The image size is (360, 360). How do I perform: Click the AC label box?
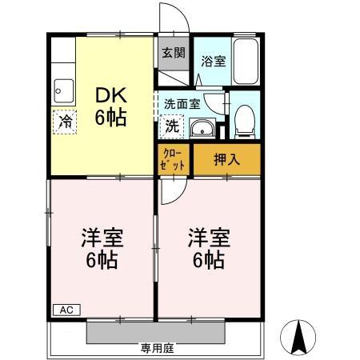tap(66, 310)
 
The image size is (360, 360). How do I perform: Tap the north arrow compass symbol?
tap(298, 338)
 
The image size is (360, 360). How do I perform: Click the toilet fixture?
tap(245, 122)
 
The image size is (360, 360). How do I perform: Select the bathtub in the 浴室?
tap(246, 62)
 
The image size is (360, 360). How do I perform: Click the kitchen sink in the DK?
tap(64, 91)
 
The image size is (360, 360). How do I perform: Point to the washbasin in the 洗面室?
tap(202, 129)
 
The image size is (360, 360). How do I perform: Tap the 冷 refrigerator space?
tap(65, 122)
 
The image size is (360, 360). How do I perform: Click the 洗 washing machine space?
tap(172, 126)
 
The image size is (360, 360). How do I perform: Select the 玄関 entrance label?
tap(174, 53)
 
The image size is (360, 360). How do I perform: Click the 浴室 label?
tap(214, 61)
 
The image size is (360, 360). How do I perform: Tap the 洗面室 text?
tap(182, 104)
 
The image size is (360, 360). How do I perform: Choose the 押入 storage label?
tap(227, 159)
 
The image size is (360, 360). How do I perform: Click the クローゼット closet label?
tap(172, 160)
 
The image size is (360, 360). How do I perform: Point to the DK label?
tap(111, 95)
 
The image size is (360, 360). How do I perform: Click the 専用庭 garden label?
tap(158, 348)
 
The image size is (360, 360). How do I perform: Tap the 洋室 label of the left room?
tap(102, 238)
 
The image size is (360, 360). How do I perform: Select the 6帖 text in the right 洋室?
tap(209, 260)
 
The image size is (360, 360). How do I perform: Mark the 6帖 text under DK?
tap(111, 118)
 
